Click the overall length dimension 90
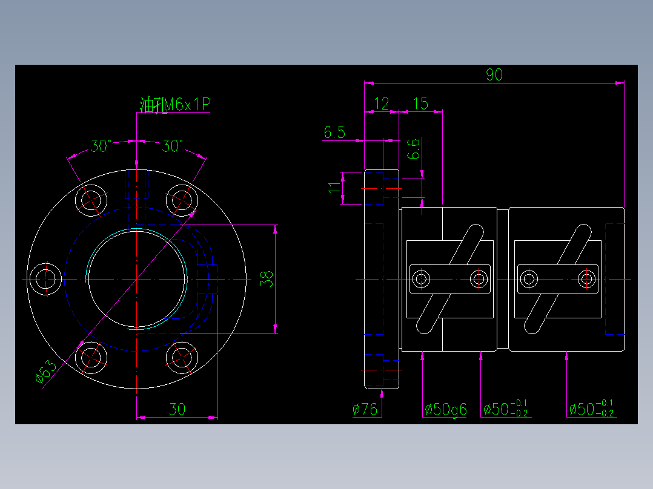494,75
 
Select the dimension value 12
382,103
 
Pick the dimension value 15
420,103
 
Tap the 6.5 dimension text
334,133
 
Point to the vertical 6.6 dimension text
413,149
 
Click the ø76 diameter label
365,410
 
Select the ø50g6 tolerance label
445,410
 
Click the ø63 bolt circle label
46,372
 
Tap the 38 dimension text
267,278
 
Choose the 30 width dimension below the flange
177,410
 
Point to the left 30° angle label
101,146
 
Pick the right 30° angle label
173,146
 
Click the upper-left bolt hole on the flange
91,200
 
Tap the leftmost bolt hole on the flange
46,279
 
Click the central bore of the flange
137,279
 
